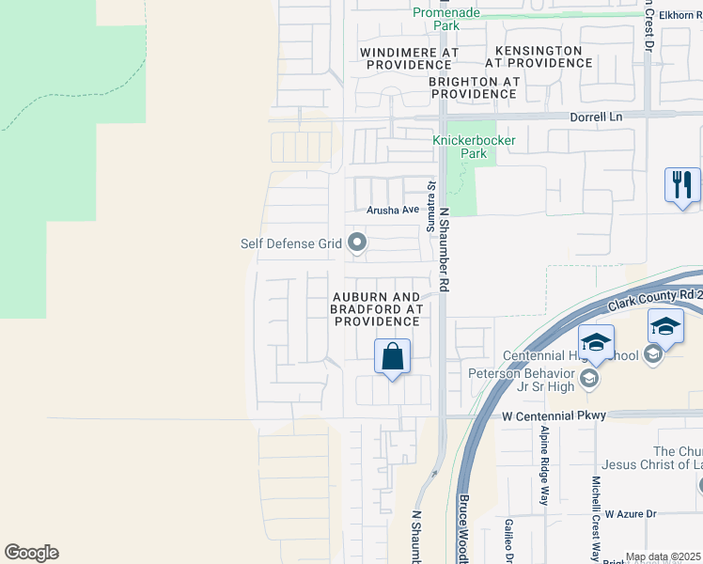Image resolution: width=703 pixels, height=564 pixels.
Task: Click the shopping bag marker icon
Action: tap(392, 357)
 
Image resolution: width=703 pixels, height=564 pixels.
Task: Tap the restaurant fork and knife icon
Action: tap(681, 183)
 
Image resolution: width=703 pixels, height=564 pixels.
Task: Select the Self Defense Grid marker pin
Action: tap(357, 243)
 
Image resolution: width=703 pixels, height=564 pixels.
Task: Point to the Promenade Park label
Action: tap(446, 19)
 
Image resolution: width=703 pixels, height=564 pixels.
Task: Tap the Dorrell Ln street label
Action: tap(597, 117)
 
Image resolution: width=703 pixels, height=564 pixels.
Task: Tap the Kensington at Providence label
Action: tap(539, 56)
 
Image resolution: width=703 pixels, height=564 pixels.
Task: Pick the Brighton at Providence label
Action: tap(474, 87)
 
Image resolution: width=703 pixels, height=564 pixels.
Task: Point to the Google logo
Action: tap(31, 553)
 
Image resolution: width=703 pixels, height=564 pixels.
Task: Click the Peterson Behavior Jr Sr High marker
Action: tap(589, 379)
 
